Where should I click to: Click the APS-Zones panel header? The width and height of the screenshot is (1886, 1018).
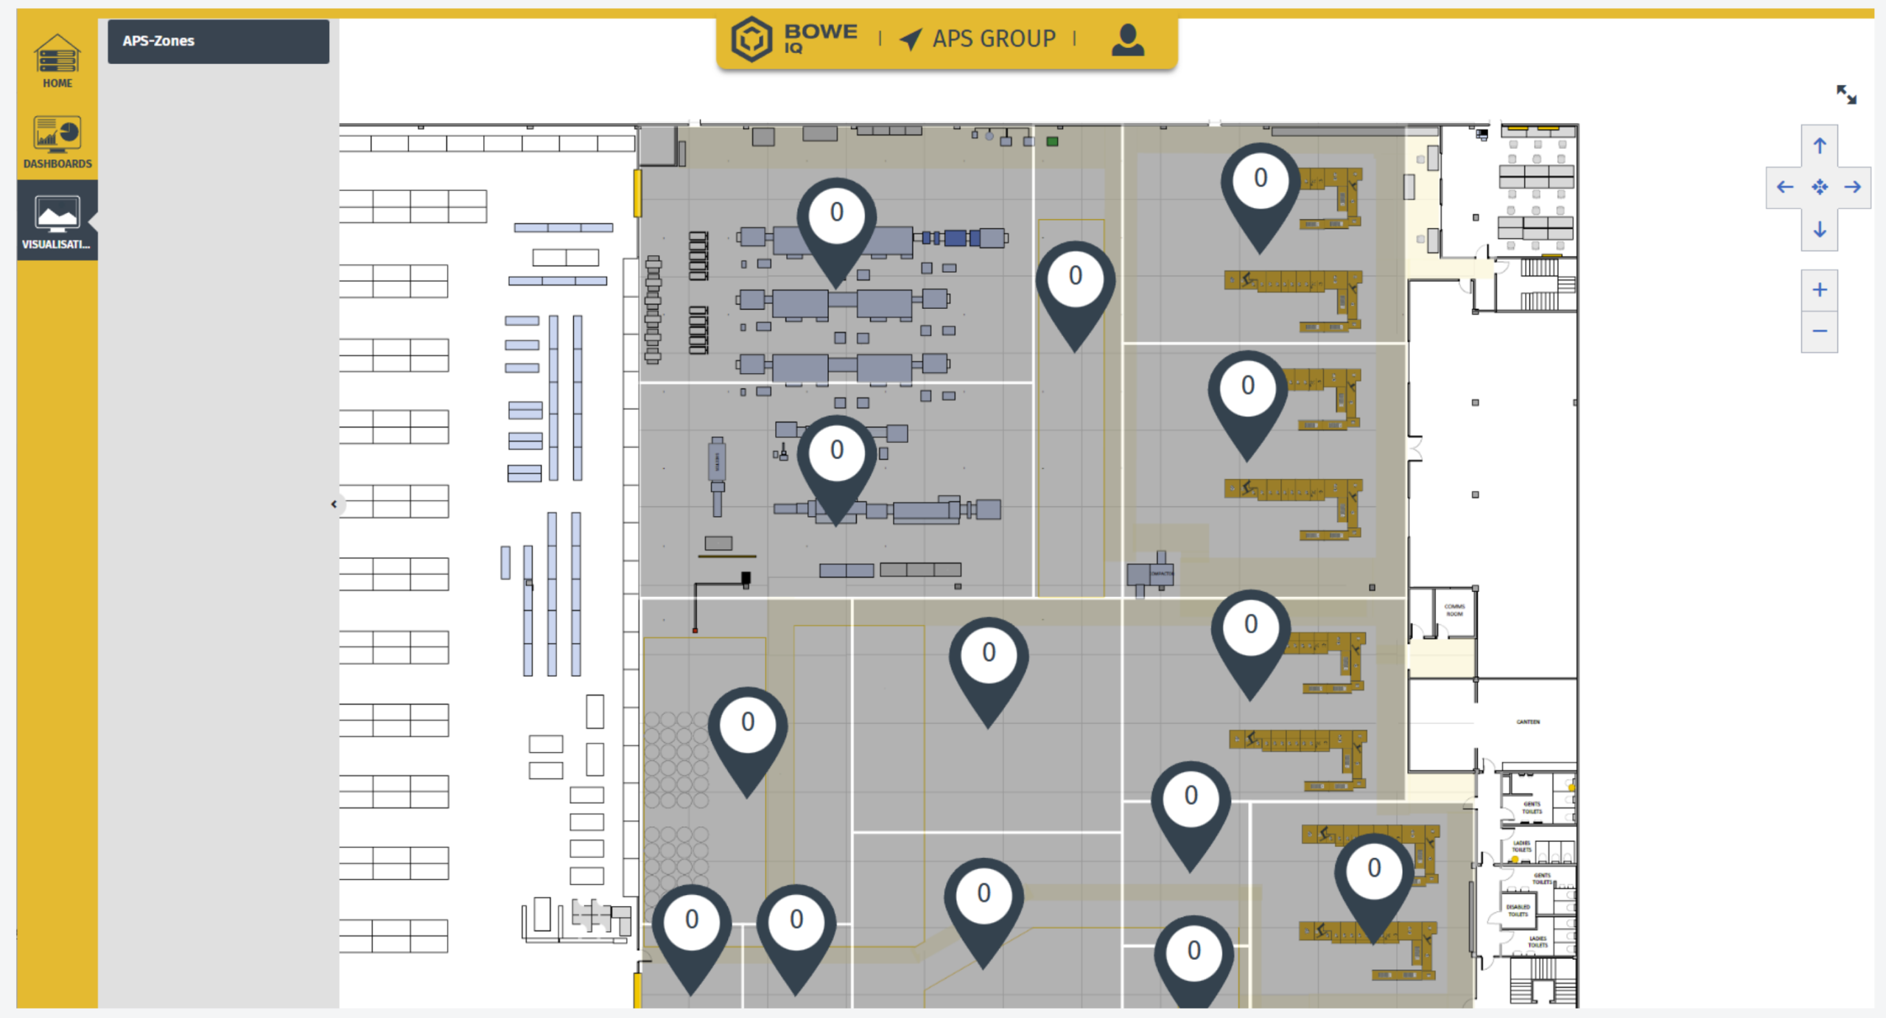tap(218, 41)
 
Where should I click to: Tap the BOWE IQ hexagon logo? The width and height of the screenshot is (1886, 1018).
tap(751, 39)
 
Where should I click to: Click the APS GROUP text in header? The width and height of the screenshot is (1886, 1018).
tap(993, 39)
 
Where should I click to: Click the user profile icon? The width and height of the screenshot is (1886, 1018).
tap(1127, 40)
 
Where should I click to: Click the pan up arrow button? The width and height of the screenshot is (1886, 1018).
tap(1820, 146)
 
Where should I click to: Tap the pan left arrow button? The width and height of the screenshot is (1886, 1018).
tap(1784, 187)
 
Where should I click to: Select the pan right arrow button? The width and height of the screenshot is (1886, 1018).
tap(1853, 187)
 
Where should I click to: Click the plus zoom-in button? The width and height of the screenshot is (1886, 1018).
tap(1820, 290)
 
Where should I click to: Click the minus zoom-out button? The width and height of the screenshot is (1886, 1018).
tap(1820, 331)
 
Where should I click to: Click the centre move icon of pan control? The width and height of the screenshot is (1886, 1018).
tap(1820, 187)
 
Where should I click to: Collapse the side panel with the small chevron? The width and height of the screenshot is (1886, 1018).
tap(334, 504)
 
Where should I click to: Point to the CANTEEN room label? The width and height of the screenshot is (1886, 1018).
tap(1528, 722)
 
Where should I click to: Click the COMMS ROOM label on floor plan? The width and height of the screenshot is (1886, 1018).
tap(1454, 610)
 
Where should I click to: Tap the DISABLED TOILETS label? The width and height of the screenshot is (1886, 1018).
tap(1518, 910)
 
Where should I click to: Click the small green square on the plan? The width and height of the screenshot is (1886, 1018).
tap(1052, 142)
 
